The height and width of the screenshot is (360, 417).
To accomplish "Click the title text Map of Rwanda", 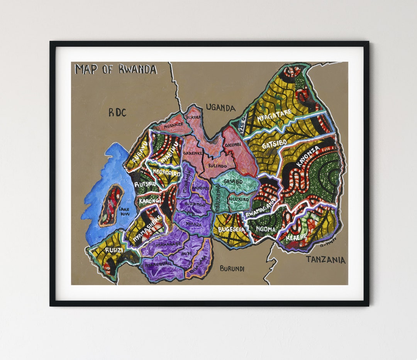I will tap(116, 69).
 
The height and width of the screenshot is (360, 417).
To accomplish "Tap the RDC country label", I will tap(117, 112).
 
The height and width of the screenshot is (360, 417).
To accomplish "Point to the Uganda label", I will tap(220, 108).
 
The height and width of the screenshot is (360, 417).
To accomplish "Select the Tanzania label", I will tap(325, 260).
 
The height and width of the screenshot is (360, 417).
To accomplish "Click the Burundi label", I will tap(232, 269).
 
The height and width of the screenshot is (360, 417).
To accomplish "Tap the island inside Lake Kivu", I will tap(111, 205).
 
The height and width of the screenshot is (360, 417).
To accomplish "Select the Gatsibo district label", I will tap(274, 145).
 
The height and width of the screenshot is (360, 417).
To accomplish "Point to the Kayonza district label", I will tap(308, 156).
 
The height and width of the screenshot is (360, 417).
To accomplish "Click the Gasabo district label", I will tap(233, 181).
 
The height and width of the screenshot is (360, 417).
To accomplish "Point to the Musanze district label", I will tap(173, 125).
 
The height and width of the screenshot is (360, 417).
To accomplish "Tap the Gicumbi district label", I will tap(233, 145).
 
